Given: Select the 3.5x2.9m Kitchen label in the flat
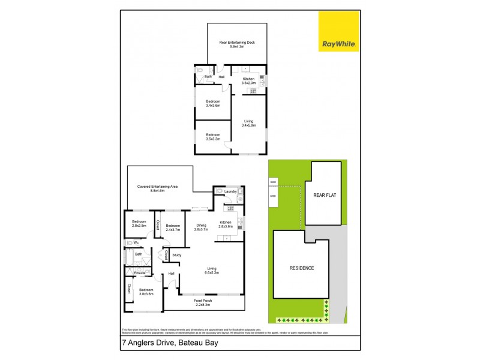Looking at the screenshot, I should pyautogui.click(x=248, y=80).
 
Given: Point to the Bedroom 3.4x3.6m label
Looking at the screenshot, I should pyautogui.click(x=213, y=103).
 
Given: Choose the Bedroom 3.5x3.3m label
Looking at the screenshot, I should pyautogui.click(x=213, y=136).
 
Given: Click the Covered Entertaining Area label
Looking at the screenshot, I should pyautogui.click(x=157, y=188).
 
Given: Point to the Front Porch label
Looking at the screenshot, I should pyautogui.click(x=204, y=302).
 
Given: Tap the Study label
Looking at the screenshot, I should pyautogui.click(x=176, y=256).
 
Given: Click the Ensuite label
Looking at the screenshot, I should pyautogui.click(x=140, y=273).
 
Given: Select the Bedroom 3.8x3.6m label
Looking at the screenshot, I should pyautogui.click(x=146, y=292).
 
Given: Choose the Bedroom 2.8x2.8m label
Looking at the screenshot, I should pyautogui.click(x=139, y=223).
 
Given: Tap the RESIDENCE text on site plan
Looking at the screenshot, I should pyautogui.click(x=302, y=268).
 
